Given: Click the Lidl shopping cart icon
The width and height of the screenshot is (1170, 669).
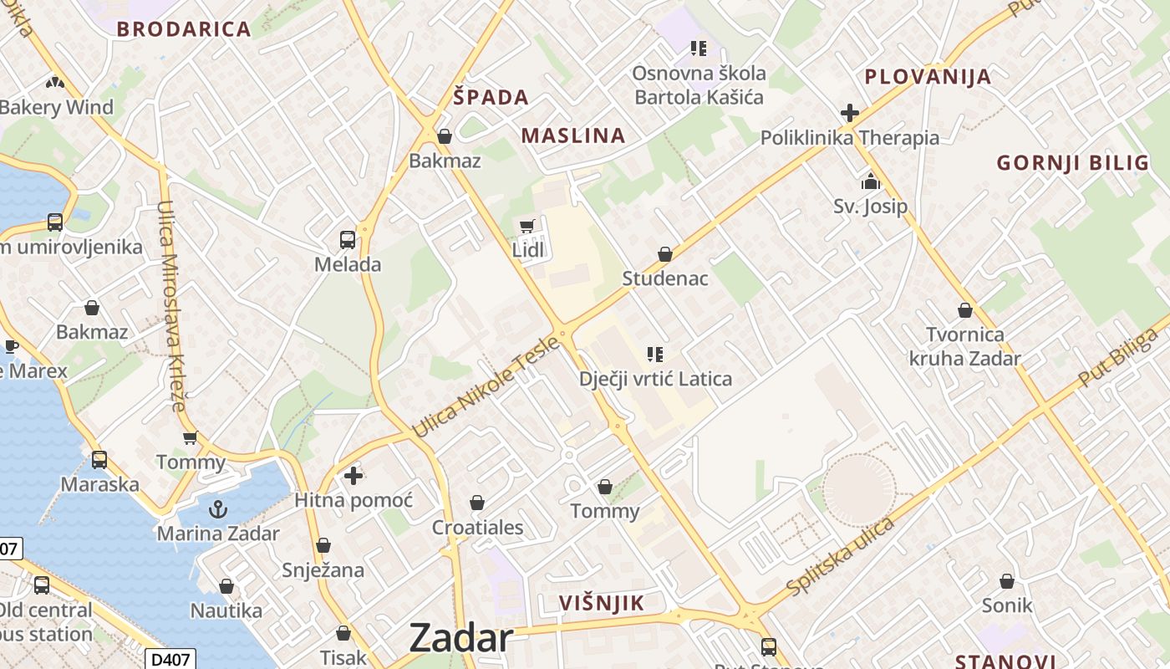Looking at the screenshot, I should (x=526, y=226).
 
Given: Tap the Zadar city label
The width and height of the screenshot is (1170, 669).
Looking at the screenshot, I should (x=460, y=639).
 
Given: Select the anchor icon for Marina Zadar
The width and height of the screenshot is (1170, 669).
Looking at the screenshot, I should (x=217, y=508).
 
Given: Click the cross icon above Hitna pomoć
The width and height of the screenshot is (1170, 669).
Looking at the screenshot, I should (x=354, y=476).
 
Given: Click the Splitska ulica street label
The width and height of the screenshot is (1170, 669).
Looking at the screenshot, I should (x=840, y=556).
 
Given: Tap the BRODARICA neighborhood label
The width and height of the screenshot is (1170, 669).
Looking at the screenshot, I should (x=184, y=29).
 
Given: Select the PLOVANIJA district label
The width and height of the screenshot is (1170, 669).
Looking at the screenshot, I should (x=928, y=77).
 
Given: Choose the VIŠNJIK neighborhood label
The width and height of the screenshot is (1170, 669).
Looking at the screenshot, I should (x=602, y=603).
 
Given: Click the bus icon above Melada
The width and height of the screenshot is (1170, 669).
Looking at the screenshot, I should (x=348, y=240).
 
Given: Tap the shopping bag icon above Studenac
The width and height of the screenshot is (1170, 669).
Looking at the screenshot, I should (x=665, y=253).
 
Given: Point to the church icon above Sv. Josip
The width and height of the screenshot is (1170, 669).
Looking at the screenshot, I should (x=870, y=181).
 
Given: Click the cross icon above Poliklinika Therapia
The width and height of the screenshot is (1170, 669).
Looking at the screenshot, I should (x=850, y=113).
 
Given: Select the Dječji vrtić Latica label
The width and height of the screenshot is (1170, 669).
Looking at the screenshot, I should (x=655, y=379).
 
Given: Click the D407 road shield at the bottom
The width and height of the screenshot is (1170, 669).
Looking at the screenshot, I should (x=170, y=660).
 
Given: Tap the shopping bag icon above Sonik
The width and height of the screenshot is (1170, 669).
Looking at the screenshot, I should (x=1007, y=580).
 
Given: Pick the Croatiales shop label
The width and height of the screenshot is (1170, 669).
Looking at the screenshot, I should (x=477, y=528).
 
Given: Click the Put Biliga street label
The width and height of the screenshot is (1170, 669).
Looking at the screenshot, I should (x=1118, y=357).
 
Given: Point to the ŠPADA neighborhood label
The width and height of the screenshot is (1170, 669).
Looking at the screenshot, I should (x=491, y=97).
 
